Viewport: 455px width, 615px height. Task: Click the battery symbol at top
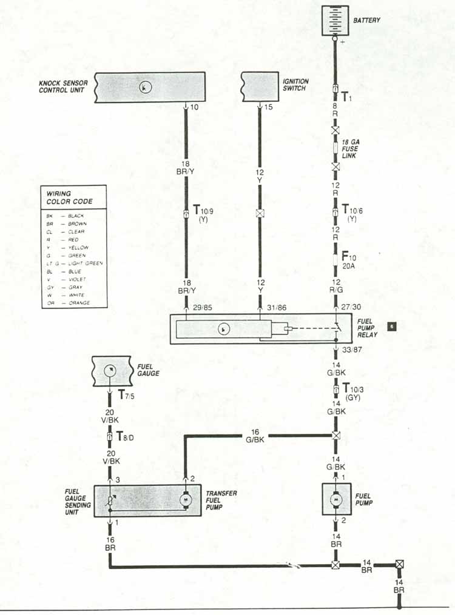coord(335,20)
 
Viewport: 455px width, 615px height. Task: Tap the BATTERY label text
coord(367,21)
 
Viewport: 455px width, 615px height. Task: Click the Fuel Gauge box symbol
coord(112,370)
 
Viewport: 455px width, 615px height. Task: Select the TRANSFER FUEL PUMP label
coord(220,500)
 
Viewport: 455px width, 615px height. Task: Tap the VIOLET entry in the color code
coord(75,279)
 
